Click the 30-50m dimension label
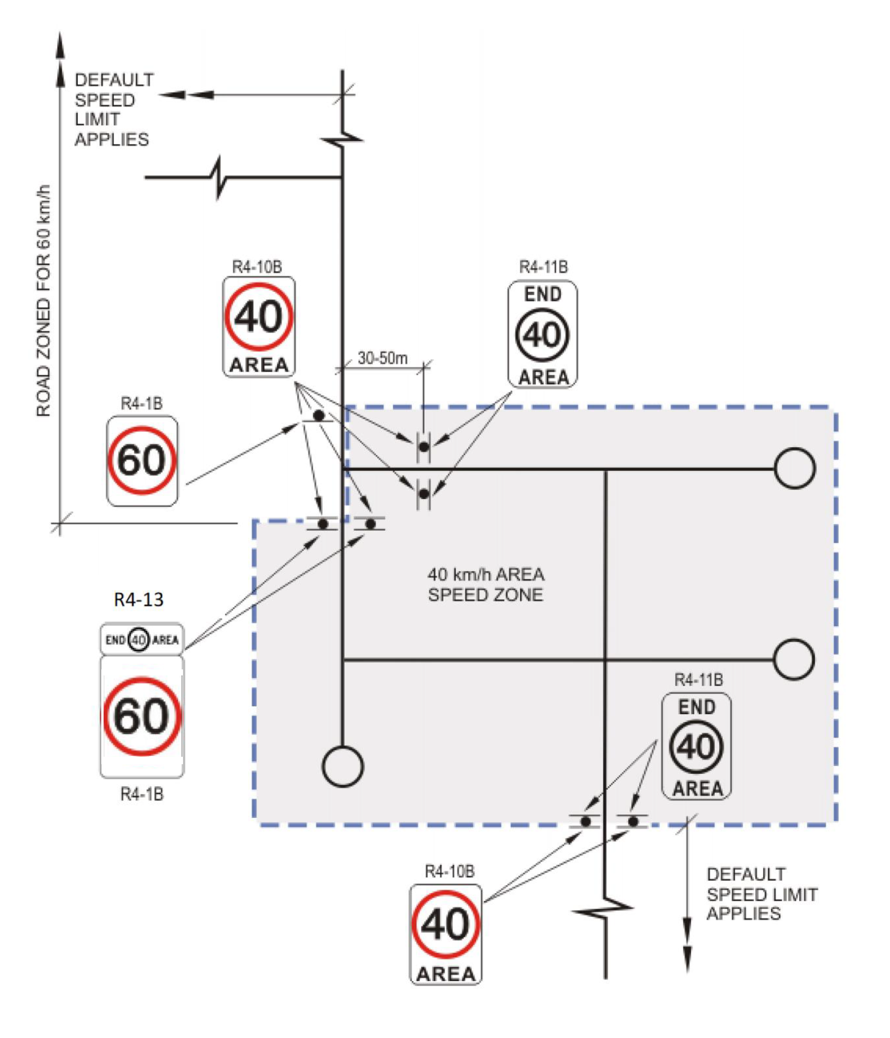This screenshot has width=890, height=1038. point(382,358)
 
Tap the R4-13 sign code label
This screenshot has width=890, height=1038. point(138,599)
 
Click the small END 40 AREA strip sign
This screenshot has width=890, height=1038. point(142,640)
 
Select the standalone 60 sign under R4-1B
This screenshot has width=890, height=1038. point(142,460)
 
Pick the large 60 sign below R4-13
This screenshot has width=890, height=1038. point(142,717)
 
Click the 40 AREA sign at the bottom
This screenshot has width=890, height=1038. point(445,934)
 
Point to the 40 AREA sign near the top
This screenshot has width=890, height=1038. point(259,326)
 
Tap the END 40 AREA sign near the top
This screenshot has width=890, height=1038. point(543,334)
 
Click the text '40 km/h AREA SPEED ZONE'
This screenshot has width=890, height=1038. point(485,585)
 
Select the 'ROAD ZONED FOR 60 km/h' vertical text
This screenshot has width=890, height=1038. point(44,301)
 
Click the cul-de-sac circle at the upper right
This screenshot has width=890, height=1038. point(794,469)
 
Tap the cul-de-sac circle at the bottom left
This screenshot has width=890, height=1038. point(343,767)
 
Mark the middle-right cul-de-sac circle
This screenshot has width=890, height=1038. point(794,659)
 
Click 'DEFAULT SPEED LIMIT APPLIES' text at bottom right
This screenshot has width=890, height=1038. point(761,894)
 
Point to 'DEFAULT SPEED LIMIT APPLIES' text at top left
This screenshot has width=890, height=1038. point(113,110)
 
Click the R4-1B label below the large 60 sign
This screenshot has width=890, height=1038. point(142,794)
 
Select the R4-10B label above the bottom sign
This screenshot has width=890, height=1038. point(449,872)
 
